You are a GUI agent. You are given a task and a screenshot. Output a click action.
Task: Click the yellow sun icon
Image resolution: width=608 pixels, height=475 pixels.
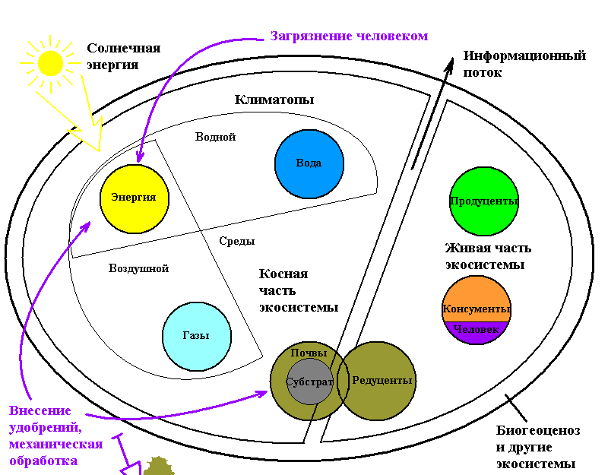point(51,62)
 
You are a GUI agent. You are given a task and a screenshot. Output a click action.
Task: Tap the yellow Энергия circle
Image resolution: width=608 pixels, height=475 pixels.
point(134,198)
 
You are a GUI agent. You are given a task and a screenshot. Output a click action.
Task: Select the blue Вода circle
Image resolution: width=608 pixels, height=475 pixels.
point(309,164)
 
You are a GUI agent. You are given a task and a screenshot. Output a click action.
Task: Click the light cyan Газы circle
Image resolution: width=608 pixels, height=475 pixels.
point(196,336)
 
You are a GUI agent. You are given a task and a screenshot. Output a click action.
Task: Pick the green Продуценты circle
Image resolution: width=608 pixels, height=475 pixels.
point(483,201)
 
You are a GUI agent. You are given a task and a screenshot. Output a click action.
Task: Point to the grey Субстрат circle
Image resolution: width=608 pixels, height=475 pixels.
point(309,381)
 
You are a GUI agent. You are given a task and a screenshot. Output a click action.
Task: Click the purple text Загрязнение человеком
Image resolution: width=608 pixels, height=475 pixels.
point(349,36)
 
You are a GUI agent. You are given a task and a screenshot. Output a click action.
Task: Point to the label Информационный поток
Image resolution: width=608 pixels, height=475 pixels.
point(524,64)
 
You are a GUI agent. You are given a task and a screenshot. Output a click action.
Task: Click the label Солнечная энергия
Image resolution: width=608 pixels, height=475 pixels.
point(123,56)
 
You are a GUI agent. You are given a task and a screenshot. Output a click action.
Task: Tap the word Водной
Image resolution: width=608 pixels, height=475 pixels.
point(215,137)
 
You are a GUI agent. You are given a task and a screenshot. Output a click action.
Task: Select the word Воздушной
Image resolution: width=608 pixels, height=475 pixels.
point(138,268)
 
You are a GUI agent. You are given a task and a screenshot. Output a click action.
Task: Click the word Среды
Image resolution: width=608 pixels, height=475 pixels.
point(236,241)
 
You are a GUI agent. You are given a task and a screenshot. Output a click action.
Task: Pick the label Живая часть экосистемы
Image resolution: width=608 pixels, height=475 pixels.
point(488,257)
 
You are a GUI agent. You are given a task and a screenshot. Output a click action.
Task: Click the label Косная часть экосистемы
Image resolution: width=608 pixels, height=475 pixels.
point(299,290)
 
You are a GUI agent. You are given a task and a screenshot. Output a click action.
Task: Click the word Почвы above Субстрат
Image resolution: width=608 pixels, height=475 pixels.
point(309,353)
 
